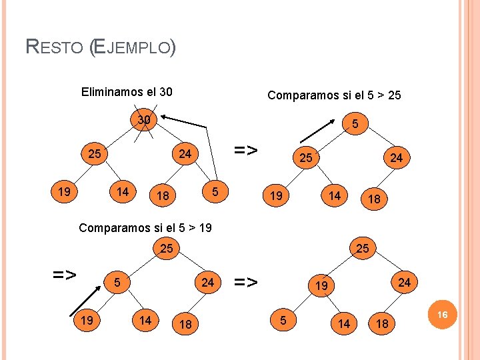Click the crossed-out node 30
[143, 121]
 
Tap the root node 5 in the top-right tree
[355, 124]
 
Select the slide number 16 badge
[442, 314]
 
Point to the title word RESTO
[54, 47]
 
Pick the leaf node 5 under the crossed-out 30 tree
[214, 192]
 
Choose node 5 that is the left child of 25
[116, 282]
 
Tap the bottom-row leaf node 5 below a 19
[283, 321]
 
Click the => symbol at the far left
[65, 274]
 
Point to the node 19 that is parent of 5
[321, 287]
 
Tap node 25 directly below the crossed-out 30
[95, 154]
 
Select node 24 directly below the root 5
[397, 158]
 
